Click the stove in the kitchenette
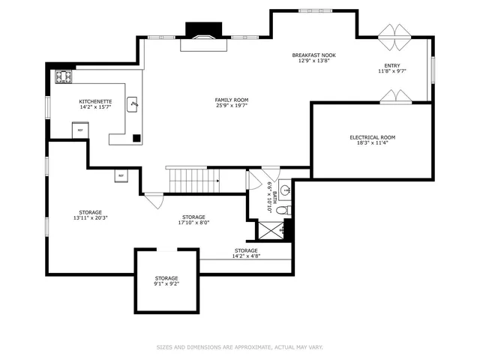click(64, 76)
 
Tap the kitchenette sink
click(133, 104)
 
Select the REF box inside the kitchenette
click(79, 130)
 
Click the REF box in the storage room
click(120, 175)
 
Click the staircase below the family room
click(192, 180)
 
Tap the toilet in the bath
click(282, 212)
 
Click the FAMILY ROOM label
click(232, 100)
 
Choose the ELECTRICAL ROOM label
click(372, 137)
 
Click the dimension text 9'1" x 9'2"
click(166, 284)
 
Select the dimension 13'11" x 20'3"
click(91, 218)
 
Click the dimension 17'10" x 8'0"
click(193, 223)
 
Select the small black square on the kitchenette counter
click(136, 137)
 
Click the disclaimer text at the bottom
click(239, 347)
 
